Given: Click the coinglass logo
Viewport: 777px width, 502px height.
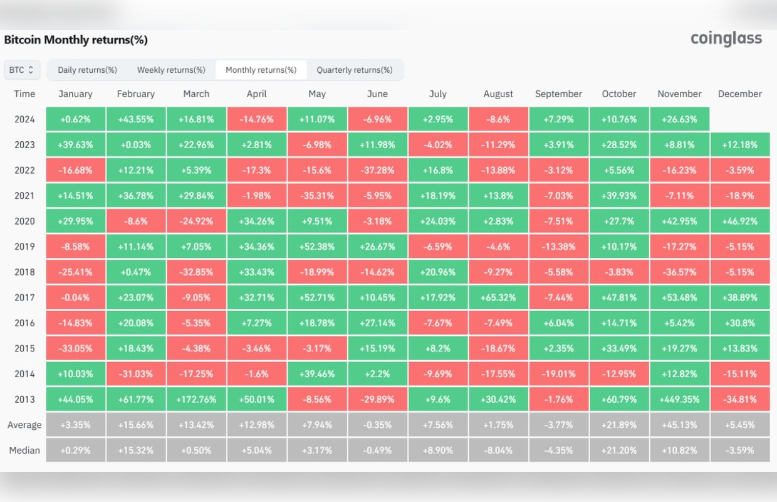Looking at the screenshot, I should tap(726, 39).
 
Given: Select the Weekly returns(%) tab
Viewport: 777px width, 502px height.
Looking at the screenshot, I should tap(171, 70).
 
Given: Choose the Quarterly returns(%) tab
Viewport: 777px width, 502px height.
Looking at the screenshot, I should tap(355, 70).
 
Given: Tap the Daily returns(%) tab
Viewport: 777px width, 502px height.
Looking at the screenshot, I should tap(87, 70).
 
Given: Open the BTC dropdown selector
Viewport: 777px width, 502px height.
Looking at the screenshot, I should tap(23, 70).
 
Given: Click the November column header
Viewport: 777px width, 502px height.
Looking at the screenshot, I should tap(679, 94).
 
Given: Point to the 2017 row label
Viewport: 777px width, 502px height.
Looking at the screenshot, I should tap(24, 297).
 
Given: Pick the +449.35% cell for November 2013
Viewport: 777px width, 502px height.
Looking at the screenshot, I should tap(679, 400).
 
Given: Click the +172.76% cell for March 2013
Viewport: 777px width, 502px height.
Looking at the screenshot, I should tap(196, 400).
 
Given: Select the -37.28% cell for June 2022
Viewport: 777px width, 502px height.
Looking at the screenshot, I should tap(377, 170).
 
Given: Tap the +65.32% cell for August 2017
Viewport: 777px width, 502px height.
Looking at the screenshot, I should tap(498, 297).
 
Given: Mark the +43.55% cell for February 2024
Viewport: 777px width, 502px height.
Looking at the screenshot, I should tap(135, 119).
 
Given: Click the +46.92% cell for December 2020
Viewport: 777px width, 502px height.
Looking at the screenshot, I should tap(740, 221).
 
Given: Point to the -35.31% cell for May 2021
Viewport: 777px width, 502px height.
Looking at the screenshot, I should tap(317, 196).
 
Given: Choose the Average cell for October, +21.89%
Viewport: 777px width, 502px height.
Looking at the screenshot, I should tap(619, 425).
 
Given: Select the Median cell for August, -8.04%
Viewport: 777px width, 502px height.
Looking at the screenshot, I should tap(498, 451).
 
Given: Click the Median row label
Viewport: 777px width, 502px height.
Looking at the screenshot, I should tap(24, 451).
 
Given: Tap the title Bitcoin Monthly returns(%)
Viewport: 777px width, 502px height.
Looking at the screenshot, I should tap(76, 40).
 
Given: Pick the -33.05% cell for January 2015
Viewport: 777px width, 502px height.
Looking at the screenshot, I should tap(75, 348).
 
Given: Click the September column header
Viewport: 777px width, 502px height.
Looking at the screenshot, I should tap(558, 94).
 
